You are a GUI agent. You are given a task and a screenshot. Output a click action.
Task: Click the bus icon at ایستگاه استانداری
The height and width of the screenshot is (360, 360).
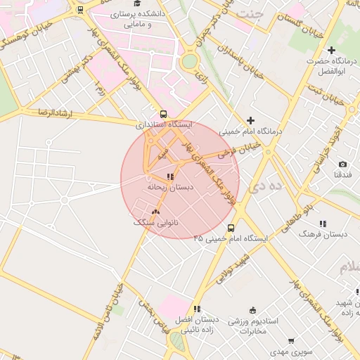click(x=164, y=114)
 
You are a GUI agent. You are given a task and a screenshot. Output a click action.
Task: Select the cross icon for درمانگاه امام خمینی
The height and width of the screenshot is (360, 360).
click(x=250, y=120)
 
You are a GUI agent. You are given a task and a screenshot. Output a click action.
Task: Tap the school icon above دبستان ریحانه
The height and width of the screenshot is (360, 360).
click(x=170, y=176)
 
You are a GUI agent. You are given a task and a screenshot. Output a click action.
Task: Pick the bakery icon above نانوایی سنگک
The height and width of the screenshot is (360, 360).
click(x=155, y=211)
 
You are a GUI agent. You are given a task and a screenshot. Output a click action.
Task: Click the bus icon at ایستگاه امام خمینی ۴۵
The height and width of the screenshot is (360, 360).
click(x=231, y=228)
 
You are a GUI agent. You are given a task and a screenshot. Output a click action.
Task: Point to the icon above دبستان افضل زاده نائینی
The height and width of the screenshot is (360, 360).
click(x=197, y=309)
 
